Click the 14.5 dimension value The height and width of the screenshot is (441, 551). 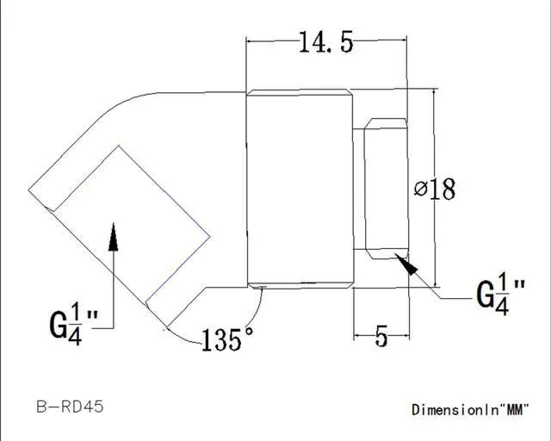(325, 42)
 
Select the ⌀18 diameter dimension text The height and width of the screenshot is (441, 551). (434, 188)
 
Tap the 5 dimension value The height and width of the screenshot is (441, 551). (381, 336)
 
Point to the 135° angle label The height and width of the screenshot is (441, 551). (227, 339)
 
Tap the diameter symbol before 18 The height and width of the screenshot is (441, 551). (420, 189)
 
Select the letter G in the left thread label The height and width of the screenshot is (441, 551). (58, 326)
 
